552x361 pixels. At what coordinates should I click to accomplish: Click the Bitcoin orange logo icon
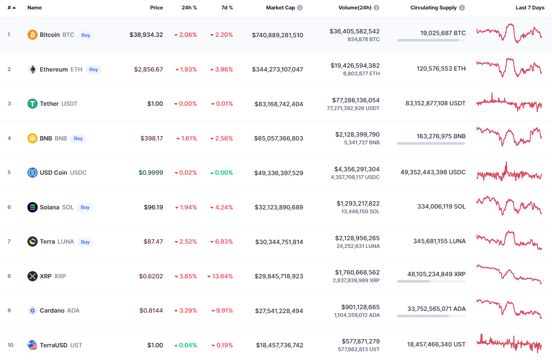coord(33,35)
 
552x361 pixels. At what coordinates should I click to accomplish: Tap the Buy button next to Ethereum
coord(93,69)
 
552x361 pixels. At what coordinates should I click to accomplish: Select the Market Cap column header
coord(280,8)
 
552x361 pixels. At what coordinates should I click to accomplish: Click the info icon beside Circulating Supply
coord(462,8)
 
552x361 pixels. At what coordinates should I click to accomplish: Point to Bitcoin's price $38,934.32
coord(146,35)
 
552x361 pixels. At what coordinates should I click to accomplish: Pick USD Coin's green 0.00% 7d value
coord(221,173)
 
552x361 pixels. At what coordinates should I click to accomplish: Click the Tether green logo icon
coord(33,104)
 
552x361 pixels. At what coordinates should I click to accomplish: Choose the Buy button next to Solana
coord(85,207)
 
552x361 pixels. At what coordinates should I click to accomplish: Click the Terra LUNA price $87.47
coord(153,242)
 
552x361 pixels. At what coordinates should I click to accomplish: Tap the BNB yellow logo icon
coord(33,138)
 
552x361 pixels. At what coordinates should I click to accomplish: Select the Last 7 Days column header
coord(530,8)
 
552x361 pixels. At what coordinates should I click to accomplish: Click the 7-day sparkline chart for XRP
coord(509,274)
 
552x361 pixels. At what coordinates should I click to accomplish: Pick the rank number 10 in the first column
coord(10,345)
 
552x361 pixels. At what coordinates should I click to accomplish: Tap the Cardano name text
coord(52,310)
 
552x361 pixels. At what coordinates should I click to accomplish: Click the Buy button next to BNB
coord(78,138)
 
